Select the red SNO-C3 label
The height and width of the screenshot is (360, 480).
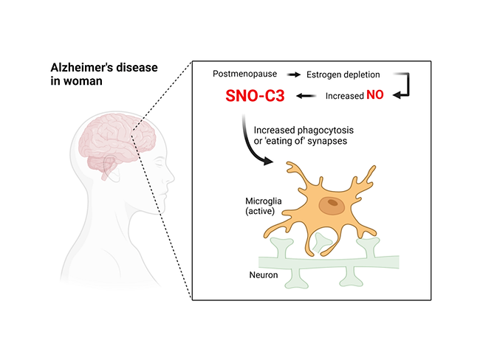point(256,96)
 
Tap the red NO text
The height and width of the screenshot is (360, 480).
point(375,96)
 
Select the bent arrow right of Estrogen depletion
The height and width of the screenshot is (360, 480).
point(402,85)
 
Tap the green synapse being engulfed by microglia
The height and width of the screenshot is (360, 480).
point(321,239)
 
